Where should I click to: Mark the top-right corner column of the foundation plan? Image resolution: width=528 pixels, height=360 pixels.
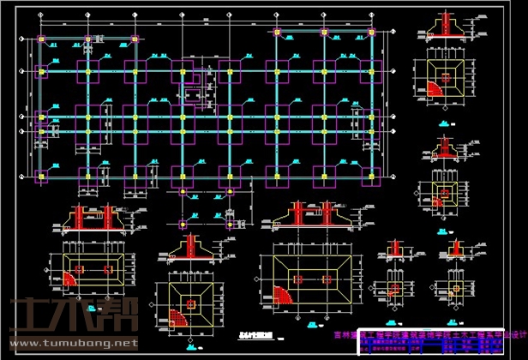click(x=371, y=33)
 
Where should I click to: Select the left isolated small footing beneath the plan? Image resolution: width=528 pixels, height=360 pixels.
click(x=185, y=224)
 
